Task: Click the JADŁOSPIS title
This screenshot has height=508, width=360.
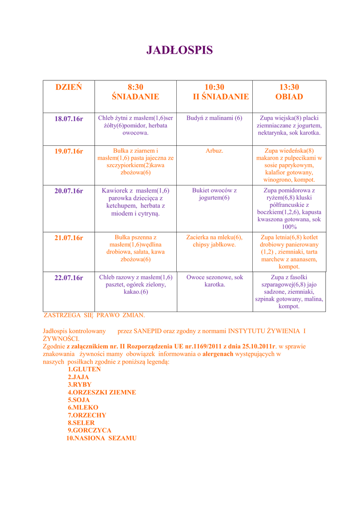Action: pyautogui.click(x=179, y=50)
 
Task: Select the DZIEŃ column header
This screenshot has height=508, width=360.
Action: pyautogui.click(x=69, y=87)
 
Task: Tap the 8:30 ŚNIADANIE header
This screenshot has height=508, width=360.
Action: pyautogui.click(x=135, y=92)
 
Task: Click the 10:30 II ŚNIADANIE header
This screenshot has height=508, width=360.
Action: pyautogui.click(x=215, y=92)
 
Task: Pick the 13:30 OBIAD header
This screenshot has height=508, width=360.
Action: pyautogui.click(x=289, y=92)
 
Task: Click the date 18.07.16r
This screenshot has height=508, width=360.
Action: pyautogui.click(x=69, y=119)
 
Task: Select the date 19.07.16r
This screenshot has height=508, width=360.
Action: pyautogui.click(x=69, y=151)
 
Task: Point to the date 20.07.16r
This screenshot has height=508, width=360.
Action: pyautogui.click(x=69, y=190)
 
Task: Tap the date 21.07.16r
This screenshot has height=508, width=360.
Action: pyautogui.click(x=69, y=238)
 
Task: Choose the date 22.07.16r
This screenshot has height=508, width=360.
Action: pyautogui.click(x=69, y=278)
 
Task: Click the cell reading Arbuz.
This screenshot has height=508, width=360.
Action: pyautogui.click(x=215, y=150)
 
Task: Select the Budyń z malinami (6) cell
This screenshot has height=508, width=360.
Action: pyautogui.click(x=215, y=118)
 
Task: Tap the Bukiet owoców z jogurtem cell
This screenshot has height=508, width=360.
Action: pyautogui.click(x=215, y=194)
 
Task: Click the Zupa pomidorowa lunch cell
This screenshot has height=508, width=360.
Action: pyautogui.click(x=289, y=208)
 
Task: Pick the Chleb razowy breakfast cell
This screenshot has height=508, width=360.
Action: pyautogui.click(x=136, y=285)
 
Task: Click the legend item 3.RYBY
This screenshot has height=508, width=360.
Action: pyautogui.click(x=79, y=384)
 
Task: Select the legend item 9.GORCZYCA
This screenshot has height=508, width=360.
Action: pyautogui.click(x=89, y=430)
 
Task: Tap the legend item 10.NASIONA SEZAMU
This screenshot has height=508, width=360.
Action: pyautogui.click(x=101, y=438)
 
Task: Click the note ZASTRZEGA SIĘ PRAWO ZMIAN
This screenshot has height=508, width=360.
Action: pyautogui.click(x=94, y=315)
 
